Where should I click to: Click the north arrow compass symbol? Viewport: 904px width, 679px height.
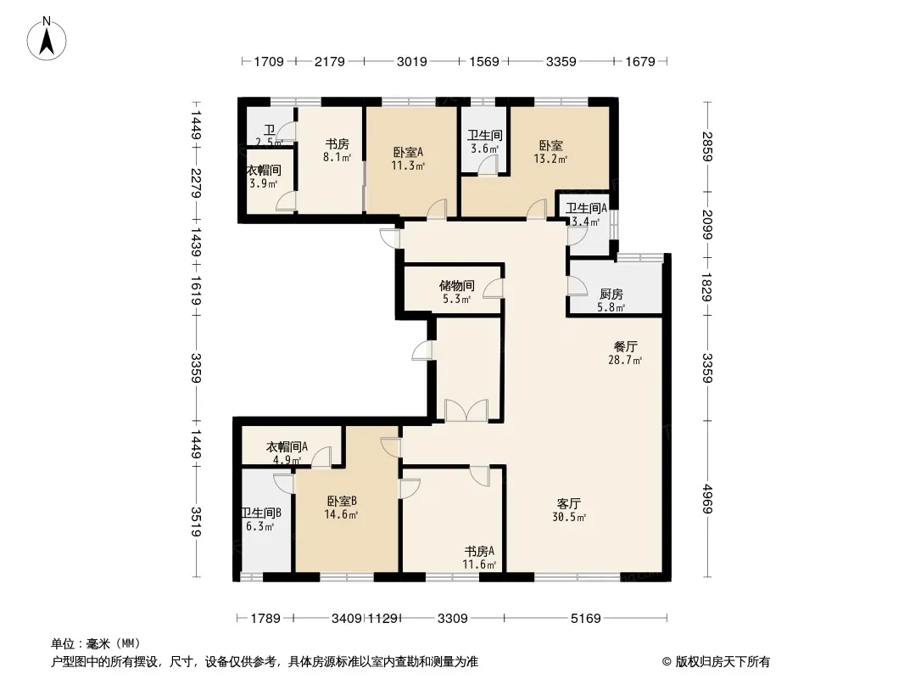47,39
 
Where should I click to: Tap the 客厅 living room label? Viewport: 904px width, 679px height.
568,503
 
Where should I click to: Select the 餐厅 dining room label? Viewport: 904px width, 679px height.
626,346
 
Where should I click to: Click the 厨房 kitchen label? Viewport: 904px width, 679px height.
611,295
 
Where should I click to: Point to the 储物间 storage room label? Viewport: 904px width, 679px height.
456,285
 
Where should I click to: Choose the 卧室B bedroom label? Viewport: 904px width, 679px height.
342,501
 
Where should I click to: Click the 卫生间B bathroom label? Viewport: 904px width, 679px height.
261,513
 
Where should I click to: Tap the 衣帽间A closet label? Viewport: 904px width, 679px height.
287,446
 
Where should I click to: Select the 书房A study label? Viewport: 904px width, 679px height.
479,551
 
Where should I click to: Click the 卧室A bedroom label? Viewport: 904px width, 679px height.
408,152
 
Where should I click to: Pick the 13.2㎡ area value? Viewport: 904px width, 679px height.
550,159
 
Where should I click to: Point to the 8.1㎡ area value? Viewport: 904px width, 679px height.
338,157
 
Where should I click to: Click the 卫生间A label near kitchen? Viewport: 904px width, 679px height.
586,208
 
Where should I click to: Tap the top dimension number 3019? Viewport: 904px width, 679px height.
411,61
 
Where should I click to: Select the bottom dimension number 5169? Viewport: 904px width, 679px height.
586,619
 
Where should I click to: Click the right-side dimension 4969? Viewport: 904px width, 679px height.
708,500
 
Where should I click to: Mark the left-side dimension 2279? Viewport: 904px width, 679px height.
196,182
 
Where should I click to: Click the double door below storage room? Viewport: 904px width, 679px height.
466,410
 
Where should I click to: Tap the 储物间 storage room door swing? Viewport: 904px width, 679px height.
494,288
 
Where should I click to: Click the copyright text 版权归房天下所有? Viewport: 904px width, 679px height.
723,662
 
